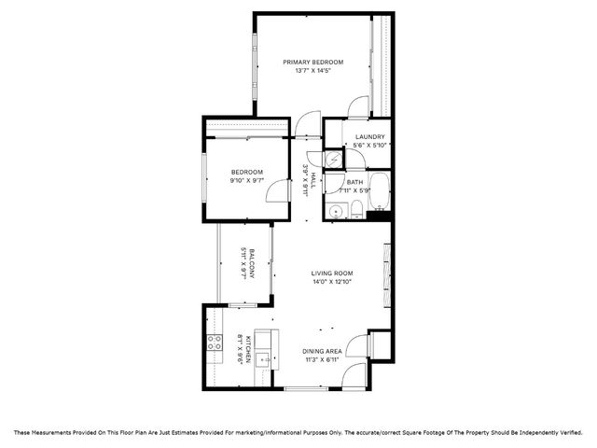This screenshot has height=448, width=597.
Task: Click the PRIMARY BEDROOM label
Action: pyautogui.click(x=313, y=63)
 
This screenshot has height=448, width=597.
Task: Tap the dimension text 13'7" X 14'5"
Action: pyautogui.click(x=313, y=71)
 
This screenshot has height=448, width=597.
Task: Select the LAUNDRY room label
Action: pyautogui.click(x=369, y=137)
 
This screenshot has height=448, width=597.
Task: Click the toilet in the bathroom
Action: pyautogui.click(x=355, y=212)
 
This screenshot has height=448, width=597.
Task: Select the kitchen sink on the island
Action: pyautogui.click(x=264, y=357)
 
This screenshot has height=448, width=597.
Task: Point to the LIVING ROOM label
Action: pyautogui.click(x=332, y=273)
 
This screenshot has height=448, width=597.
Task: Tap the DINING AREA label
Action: pyautogui.click(x=323, y=352)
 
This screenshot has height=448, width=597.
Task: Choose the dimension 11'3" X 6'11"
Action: pyautogui.click(x=323, y=360)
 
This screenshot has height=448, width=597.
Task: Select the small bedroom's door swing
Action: pyautogui.click(x=276, y=191)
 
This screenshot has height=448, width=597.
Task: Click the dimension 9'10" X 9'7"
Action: pyautogui.click(x=247, y=180)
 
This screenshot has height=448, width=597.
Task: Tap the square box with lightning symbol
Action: pyautogui.click(x=333, y=160)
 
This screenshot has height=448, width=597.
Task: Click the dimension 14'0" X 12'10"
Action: pyautogui.click(x=332, y=282)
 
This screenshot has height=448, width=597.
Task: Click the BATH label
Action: pyautogui.click(x=355, y=182)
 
